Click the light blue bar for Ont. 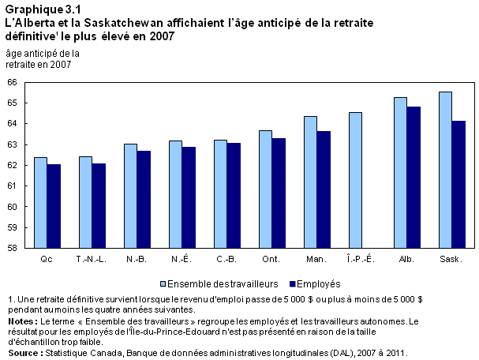[x=265, y=189]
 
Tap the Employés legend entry [x=316, y=283]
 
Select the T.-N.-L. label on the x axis [x=90, y=259]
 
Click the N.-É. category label [x=181, y=259]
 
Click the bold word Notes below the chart [x=21, y=322]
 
